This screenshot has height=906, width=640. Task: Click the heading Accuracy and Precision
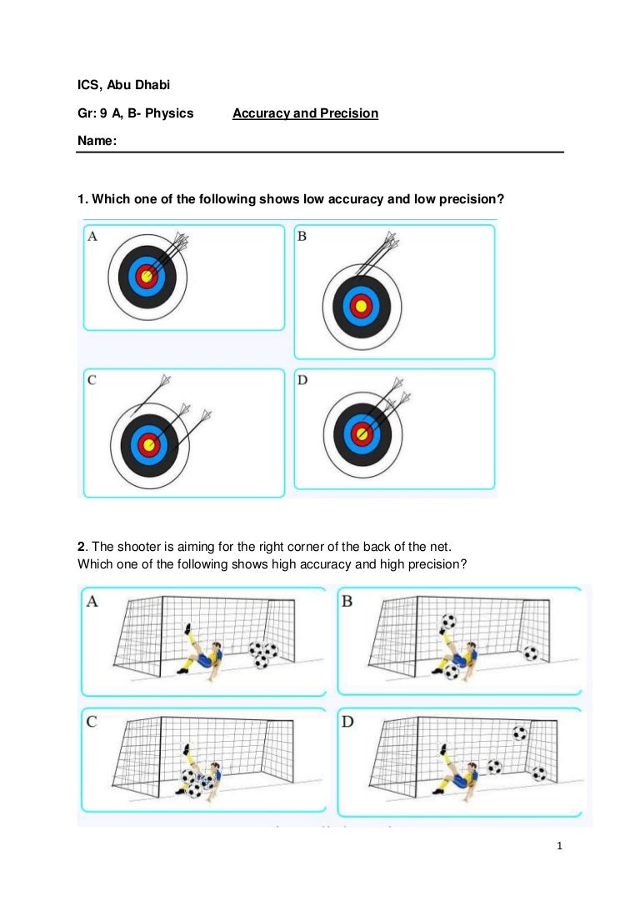pos(305,113)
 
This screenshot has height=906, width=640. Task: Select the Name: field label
pos(97,143)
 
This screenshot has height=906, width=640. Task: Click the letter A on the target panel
pos(92,237)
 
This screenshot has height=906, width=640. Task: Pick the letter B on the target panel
pos(302,237)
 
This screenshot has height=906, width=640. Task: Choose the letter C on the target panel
pos(92,380)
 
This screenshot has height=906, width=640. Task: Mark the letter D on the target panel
pos(302,380)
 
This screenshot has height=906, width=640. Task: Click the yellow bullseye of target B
pos(361,306)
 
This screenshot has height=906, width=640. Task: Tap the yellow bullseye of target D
pos(361,433)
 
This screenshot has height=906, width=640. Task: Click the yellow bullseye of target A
pos(147,276)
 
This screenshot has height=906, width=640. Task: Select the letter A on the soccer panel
pos(92,601)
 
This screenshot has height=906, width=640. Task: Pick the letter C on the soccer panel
pos(92,722)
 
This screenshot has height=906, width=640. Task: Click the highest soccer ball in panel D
pos(520,734)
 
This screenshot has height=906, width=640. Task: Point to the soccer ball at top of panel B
pos(448,621)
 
